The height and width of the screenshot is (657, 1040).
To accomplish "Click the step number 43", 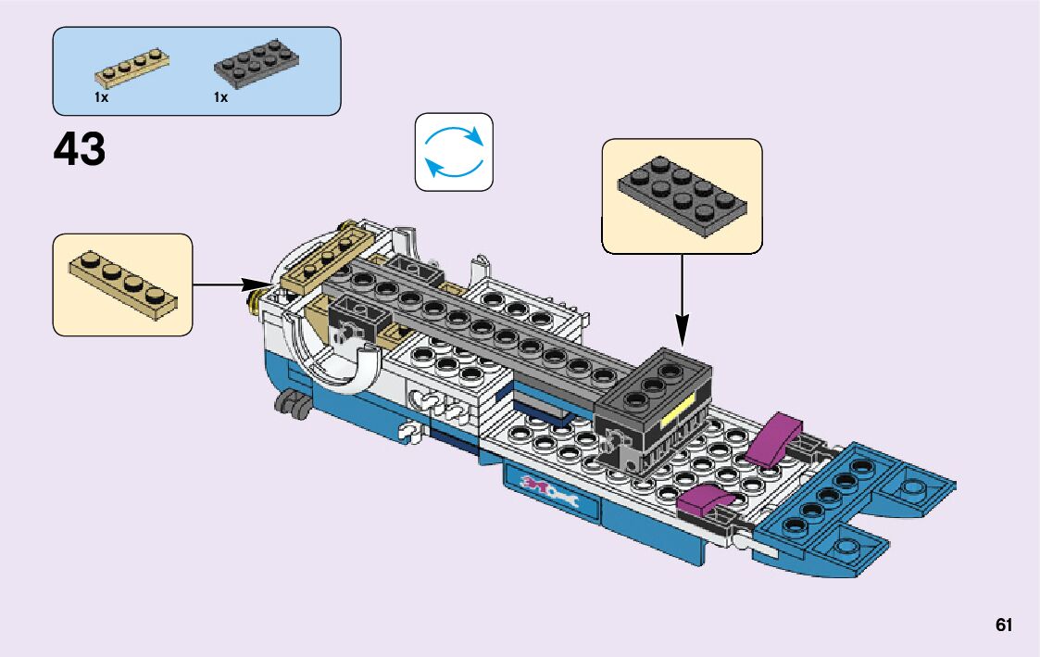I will [x=80, y=149].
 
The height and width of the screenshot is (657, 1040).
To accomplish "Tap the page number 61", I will [x=1004, y=625].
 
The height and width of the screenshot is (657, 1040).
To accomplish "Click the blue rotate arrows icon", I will [x=454, y=152].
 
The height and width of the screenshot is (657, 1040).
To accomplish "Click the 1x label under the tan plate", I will [x=101, y=96].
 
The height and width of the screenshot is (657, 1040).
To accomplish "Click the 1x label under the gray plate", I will [x=220, y=96].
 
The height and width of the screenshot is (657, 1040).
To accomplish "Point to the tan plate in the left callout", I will [x=122, y=279].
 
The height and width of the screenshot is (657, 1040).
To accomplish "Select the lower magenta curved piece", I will [x=705, y=501].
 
